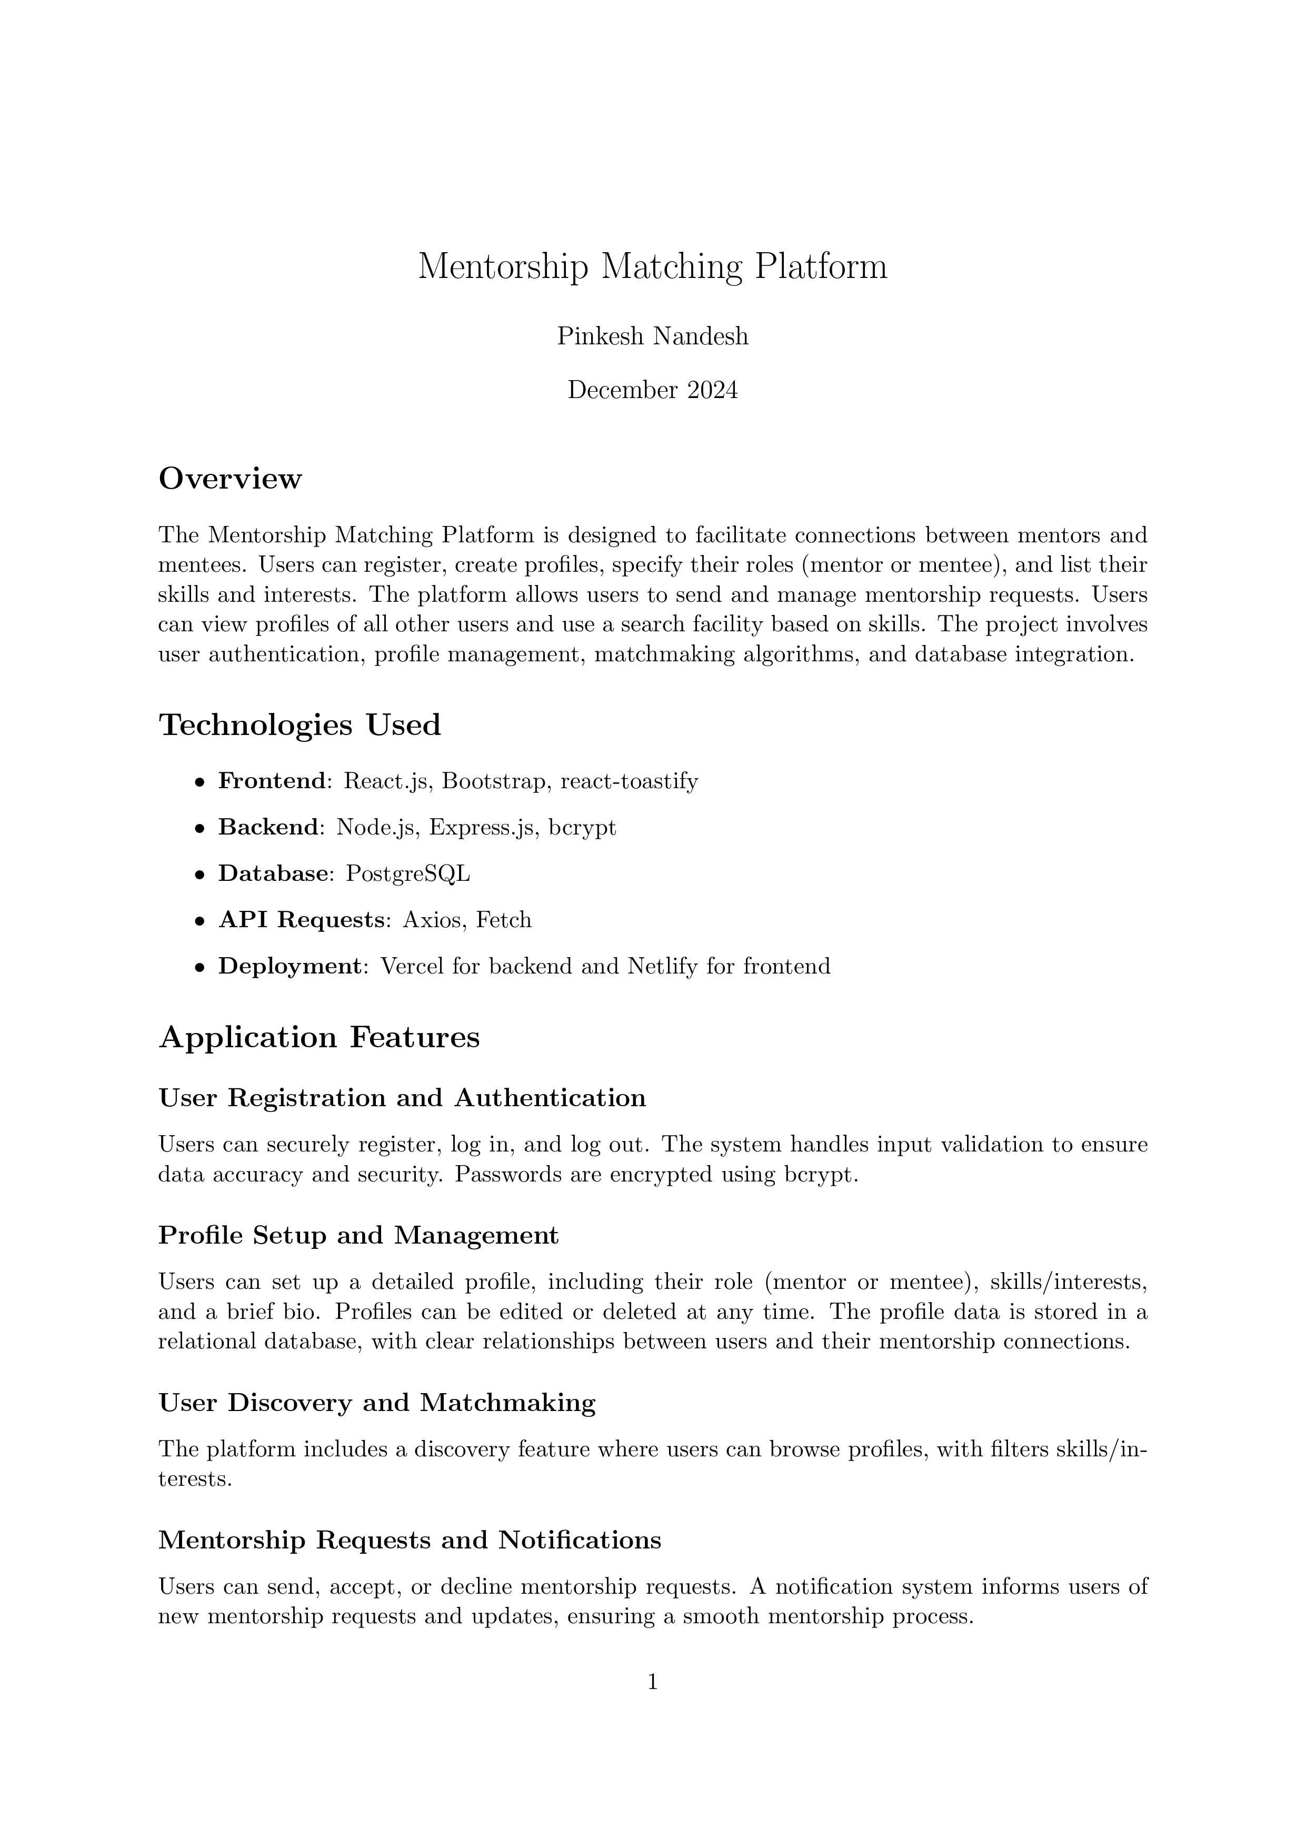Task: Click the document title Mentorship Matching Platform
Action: (x=652, y=267)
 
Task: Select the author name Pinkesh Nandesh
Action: (x=652, y=336)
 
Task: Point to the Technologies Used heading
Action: (x=300, y=725)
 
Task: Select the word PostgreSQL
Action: (x=408, y=873)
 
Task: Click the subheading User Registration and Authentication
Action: (x=402, y=1098)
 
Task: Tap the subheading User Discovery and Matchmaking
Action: (x=377, y=1403)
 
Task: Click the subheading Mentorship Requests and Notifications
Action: (x=410, y=1540)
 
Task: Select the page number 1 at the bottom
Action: (x=653, y=1681)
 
